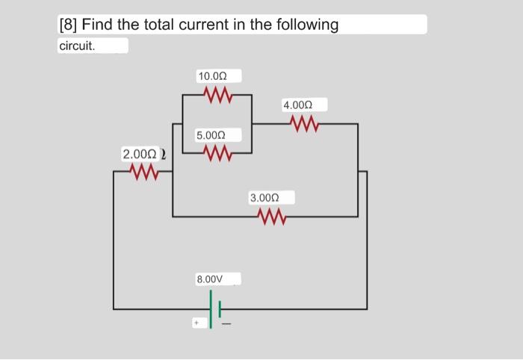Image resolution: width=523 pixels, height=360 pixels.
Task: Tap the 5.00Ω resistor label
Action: [x=209, y=135]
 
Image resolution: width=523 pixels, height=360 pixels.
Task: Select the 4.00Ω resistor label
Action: [x=297, y=106]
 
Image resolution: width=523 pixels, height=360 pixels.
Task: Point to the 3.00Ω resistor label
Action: [x=264, y=198]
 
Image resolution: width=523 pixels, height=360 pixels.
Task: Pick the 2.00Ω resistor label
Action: [x=138, y=155]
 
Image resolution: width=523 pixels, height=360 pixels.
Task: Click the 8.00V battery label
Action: [x=210, y=279]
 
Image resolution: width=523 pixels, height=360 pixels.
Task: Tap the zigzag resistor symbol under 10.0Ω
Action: [x=217, y=95]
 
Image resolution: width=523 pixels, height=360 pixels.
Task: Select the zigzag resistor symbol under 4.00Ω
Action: [x=305, y=124]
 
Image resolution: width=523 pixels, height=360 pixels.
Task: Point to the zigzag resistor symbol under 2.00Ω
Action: [x=143, y=173]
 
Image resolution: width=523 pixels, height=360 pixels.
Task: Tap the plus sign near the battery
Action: [x=196, y=324]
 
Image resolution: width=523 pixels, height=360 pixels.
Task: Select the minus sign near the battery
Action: [x=226, y=324]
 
